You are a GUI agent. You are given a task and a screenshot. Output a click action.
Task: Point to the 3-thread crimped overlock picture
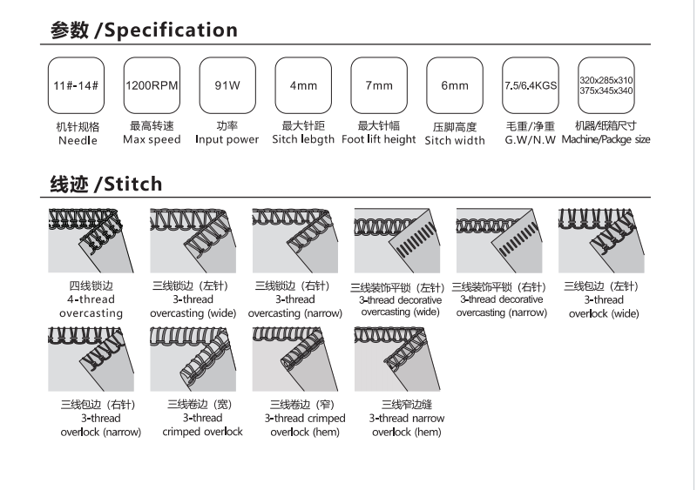(x=187, y=358)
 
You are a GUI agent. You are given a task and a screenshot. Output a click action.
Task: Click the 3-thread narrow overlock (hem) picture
(x=391, y=358)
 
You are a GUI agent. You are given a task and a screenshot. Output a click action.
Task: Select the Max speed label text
(x=152, y=140)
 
